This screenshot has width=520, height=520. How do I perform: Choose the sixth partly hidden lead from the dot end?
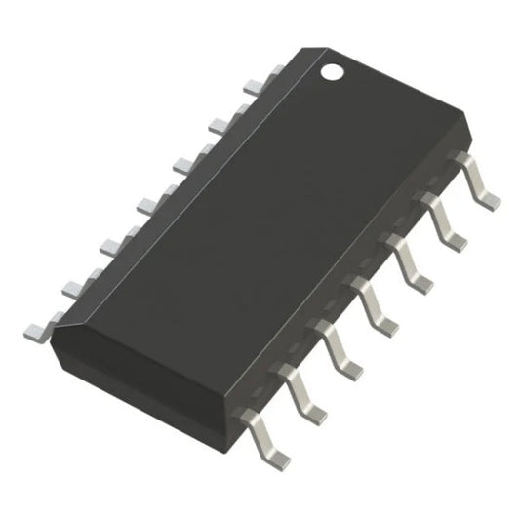109,242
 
